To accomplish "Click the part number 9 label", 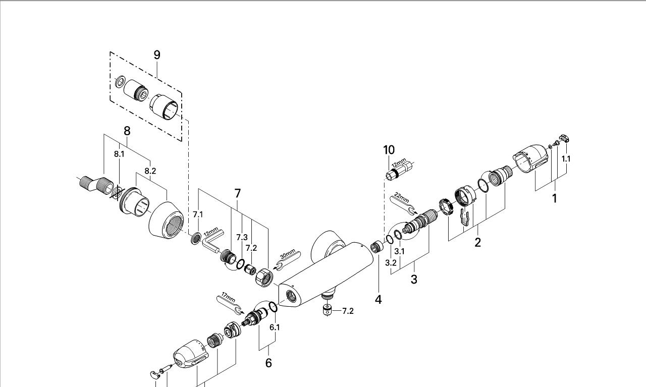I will [x=157, y=54].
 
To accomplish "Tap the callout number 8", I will [x=127, y=131].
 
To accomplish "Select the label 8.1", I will [x=119, y=154].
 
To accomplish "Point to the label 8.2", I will [x=150, y=171].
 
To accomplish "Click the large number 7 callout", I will [x=237, y=193].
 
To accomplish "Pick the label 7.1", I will [x=198, y=214].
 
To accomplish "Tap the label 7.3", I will [x=242, y=237].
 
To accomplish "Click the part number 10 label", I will [x=389, y=150].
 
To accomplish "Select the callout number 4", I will [x=378, y=299].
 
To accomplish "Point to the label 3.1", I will [x=399, y=251].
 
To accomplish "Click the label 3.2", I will [x=391, y=263].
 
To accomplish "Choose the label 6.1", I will [x=275, y=327].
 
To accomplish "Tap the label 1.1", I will [x=566, y=158].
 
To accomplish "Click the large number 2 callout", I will [x=477, y=243].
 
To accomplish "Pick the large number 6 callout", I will [x=268, y=362].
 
